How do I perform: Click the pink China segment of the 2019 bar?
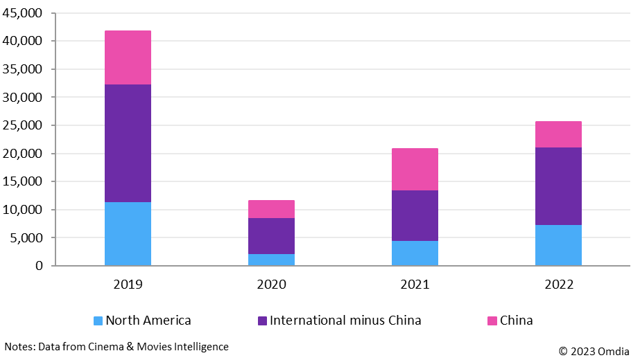tap(128, 57)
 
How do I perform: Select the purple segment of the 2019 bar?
tap(128, 143)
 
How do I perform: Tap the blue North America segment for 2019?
tap(128, 234)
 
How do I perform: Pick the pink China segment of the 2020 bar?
tap(271, 209)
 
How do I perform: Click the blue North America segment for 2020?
tap(271, 260)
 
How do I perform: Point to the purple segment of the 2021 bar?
tap(415, 215)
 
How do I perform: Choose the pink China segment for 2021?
tap(415, 169)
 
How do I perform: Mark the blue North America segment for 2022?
tap(558, 245)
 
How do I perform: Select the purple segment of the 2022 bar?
tap(558, 186)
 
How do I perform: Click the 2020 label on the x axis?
tap(271, 284)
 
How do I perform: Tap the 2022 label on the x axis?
tap(558, 284)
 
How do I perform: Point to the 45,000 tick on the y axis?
tap(23, 13)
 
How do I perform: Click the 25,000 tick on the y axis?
tap(23, 125)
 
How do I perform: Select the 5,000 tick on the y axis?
tap(26, 237)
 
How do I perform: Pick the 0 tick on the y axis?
tap(38, 266)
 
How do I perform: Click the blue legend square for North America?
tap(98, 321)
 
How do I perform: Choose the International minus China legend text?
tap(345, 321)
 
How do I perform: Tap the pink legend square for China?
tap(492, 321)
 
